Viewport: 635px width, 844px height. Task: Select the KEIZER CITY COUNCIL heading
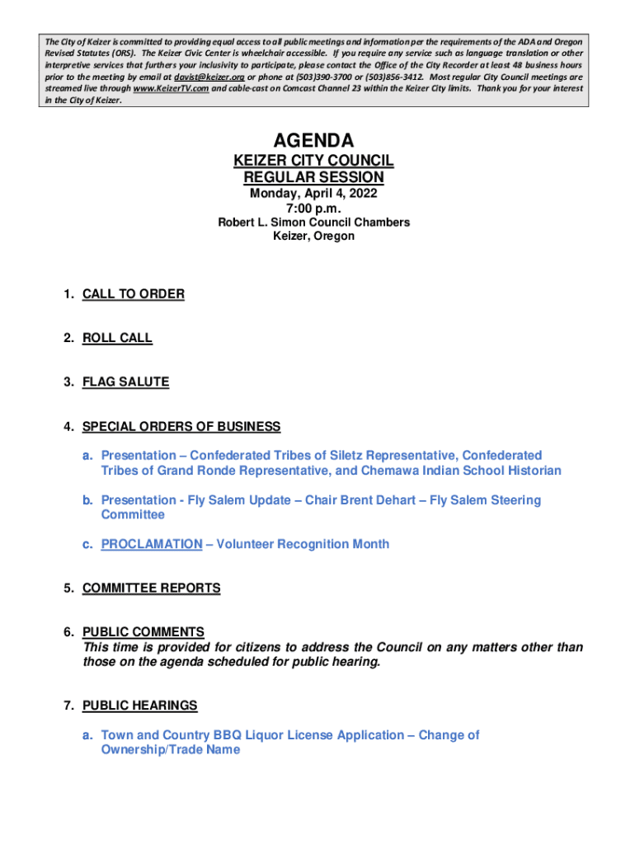coord(313,161)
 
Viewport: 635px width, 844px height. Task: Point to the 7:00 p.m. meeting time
coord(313,209)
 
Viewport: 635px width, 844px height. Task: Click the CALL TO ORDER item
coord(134,294)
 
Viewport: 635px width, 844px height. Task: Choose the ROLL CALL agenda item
coord(117,338)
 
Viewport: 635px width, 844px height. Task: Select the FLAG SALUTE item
coord(125,382)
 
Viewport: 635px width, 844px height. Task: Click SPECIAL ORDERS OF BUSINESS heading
coord(181,427)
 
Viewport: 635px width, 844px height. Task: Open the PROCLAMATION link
coord(152,544)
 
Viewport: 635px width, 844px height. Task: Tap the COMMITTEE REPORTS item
coord(152,588)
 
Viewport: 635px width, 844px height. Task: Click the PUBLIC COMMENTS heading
coord(143,632)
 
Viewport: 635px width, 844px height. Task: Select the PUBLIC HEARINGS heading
coord(140,706)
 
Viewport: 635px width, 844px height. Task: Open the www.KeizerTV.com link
coord(170,88)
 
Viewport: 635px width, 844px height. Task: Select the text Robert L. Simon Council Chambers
coord(313,223)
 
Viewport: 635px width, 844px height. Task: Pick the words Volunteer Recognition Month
coord(303,544)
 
